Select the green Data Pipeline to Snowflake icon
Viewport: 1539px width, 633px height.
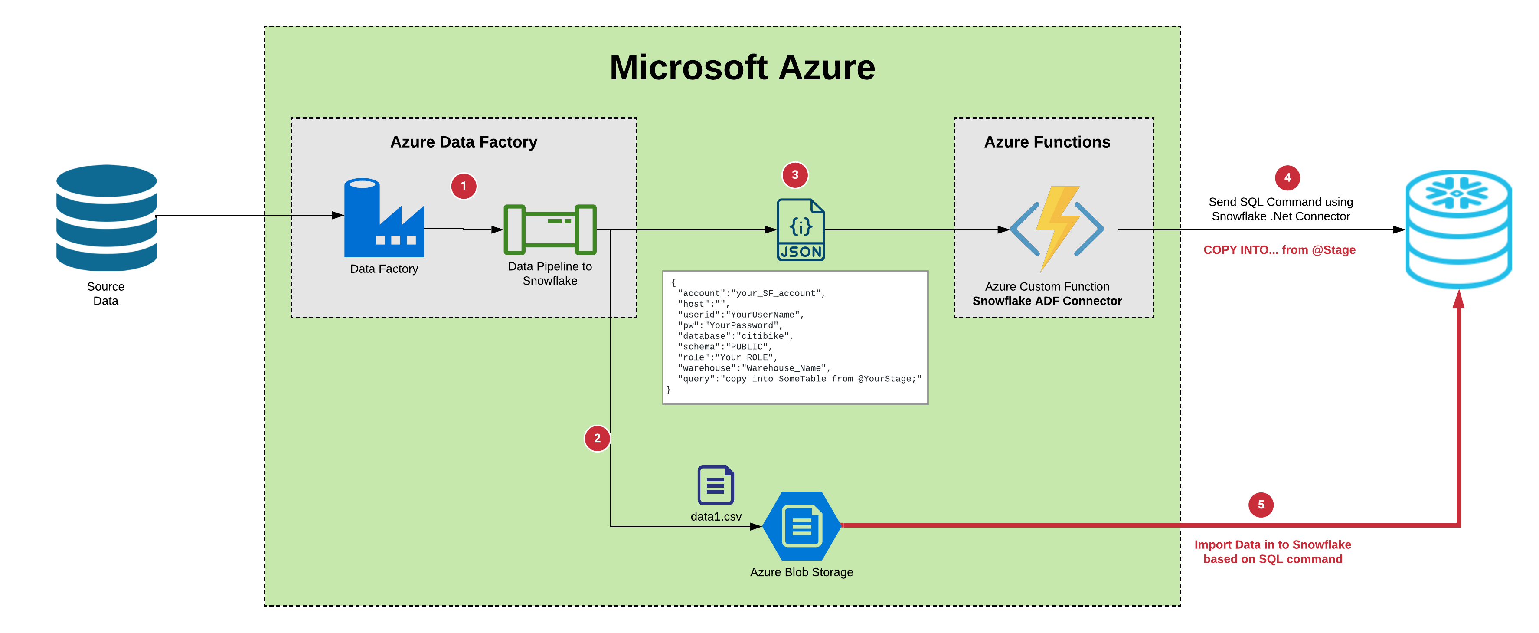[x=550, y=230]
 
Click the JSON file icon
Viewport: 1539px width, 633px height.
[x=801, y=230]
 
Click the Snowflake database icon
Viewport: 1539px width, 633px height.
[x=1458, y=230]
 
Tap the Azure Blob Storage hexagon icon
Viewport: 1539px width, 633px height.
[x=802, y=525]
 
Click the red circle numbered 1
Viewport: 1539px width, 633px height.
[x=463, y=186]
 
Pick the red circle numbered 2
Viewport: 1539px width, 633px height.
[x=597, y=438]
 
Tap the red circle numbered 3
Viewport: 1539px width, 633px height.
[x=794, y=174]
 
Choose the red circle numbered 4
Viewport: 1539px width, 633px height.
[x=1287, y=177]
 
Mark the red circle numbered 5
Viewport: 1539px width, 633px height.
[x=1261, y=505]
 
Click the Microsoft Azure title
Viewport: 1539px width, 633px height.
[x=742, y=68]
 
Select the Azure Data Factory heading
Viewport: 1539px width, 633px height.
[x=464, y=142]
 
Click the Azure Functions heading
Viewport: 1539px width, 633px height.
[x=1047, y=142]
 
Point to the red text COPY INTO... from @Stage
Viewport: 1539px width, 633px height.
[x=1279, y=250]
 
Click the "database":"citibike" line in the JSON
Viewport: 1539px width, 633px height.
[x=735, y=336]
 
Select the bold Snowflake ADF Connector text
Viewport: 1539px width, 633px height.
[x=1047, y=301]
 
